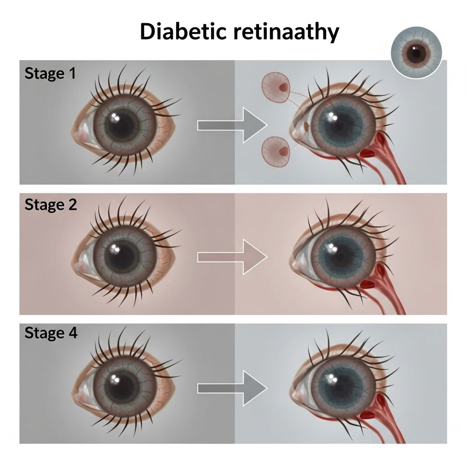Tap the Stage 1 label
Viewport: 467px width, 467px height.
point(50,73)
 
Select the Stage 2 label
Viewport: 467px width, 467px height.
point(51,204)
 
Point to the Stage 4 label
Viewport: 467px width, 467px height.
point(51,333)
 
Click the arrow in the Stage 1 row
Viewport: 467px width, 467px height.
point(232,125)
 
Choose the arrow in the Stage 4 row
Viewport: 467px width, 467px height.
point(232,388)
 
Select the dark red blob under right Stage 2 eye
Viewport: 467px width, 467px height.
point(367,285)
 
